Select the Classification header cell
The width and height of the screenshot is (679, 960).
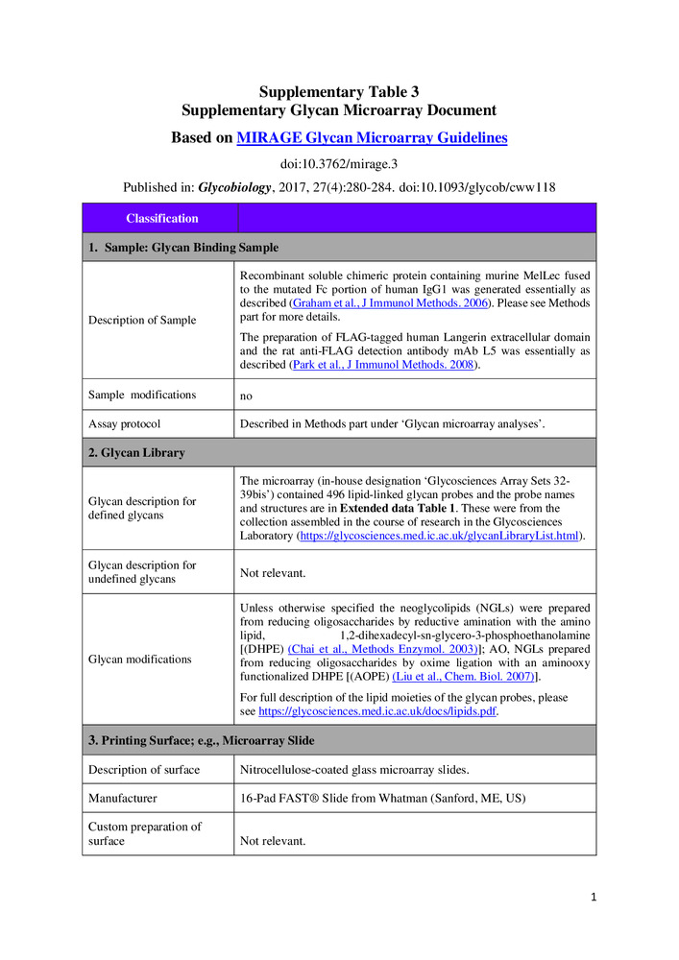point(161,219)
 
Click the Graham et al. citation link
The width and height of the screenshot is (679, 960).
point(389,303)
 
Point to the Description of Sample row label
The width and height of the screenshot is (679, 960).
point(142,320)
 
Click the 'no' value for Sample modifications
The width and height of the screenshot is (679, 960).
point(247,395)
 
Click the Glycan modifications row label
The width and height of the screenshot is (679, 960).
point(139,660)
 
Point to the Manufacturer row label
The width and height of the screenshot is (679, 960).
point(123,798)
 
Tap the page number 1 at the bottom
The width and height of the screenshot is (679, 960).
point(594,898)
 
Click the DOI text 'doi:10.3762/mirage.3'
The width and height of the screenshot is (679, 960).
point(339,164)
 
